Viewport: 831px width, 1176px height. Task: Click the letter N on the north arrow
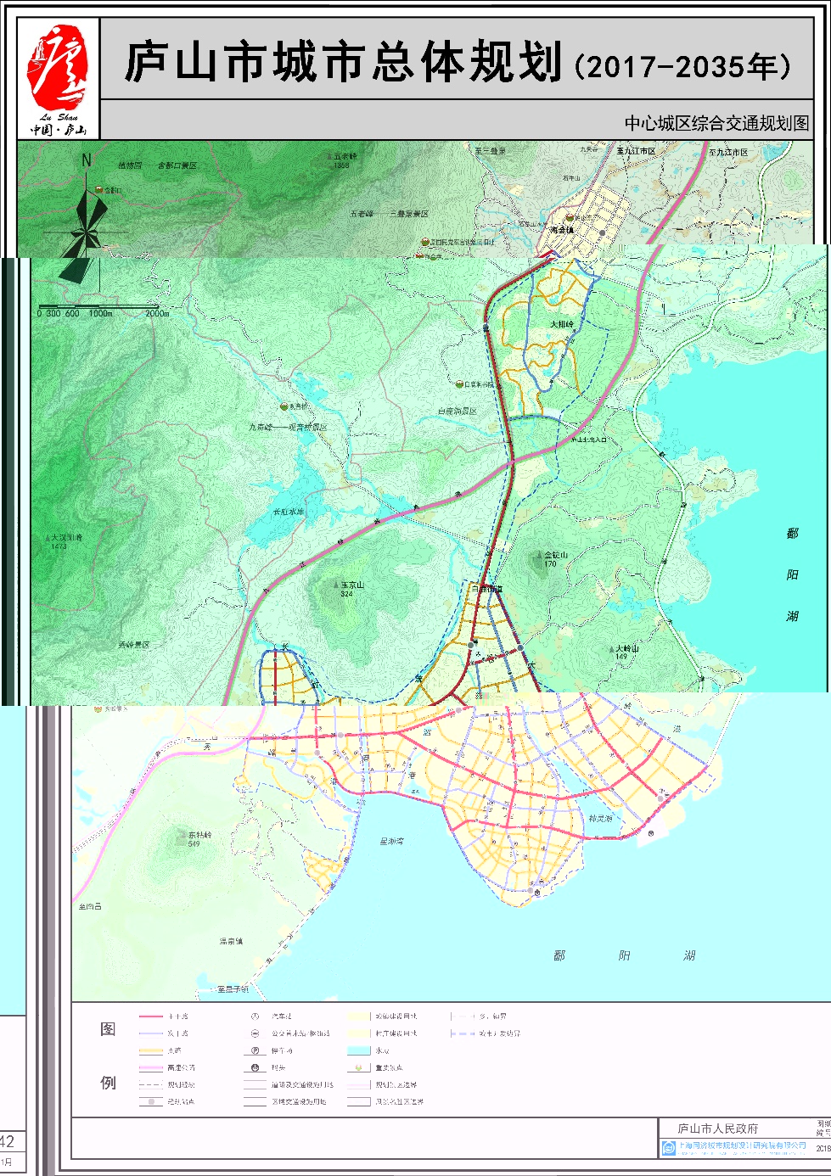(x=86, y=160)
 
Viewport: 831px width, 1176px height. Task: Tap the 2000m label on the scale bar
(x=157, y=314)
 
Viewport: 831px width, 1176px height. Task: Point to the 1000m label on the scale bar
(x=100, y=314)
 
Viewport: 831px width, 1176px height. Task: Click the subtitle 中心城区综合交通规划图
(x=716, y=123)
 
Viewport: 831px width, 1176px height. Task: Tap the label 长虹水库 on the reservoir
(x=288, y=512)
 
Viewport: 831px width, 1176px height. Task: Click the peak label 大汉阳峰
(x=66, y=538)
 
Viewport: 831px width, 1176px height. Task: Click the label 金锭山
(x=555, y=555)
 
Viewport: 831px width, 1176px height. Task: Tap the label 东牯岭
(x=199, y=836)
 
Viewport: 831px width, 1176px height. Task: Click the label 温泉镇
(x=231, y=942)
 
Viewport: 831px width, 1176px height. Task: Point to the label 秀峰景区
(x=134, y=645)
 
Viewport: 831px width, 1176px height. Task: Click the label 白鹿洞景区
(x=457, y=412)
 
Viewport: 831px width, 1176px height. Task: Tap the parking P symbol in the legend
(x=255, y=1050)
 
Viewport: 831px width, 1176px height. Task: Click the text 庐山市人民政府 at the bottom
(x=717, y=1128)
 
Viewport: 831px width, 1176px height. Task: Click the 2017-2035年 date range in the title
(x=683, y=66)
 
